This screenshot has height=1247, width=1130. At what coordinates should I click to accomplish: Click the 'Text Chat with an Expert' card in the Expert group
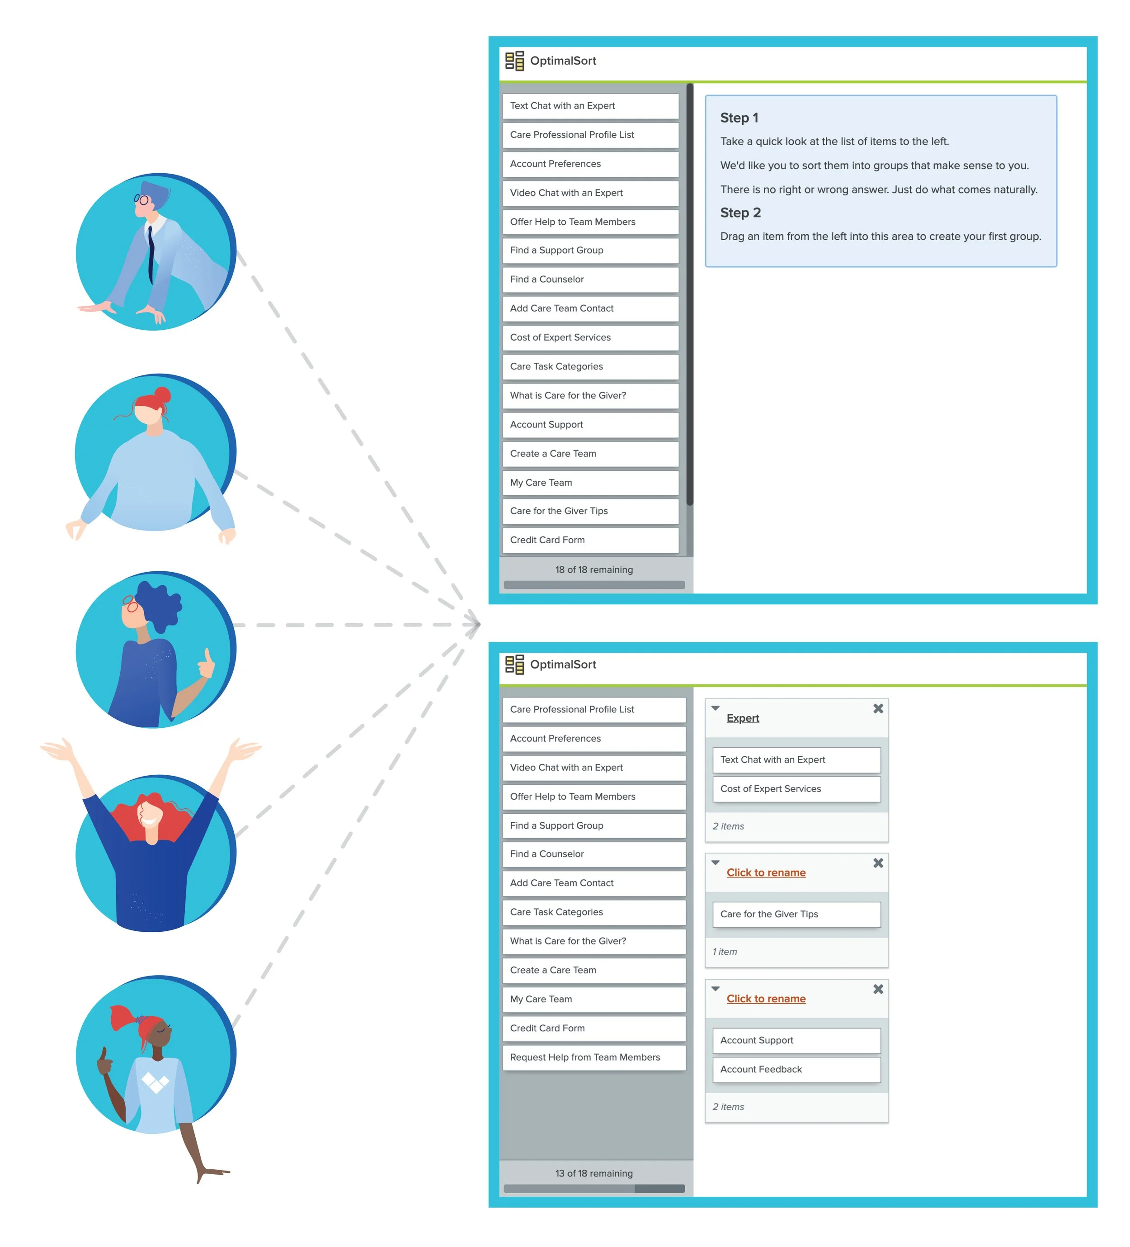[x=796, y=759]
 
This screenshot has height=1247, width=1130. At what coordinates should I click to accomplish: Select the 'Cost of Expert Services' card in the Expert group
[x=796, y=789]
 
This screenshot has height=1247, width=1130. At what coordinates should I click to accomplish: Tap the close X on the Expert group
[x=878, y=709]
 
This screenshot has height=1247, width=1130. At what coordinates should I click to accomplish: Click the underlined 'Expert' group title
[x=743, y=718]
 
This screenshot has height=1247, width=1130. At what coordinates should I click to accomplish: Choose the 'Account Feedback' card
[x=796, y=1070]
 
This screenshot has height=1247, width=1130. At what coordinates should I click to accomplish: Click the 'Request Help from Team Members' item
[x=593, y=1057]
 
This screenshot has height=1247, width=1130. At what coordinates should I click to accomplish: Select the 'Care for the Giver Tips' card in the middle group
[x=796, y=914]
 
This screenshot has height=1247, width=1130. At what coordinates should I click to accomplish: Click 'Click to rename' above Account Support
[x=766, y=999]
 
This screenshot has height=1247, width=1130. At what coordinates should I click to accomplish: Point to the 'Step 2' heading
[x=740, y=213]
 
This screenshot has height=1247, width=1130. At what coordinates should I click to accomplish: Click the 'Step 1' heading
[x=739, y=118]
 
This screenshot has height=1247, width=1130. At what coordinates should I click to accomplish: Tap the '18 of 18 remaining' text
[x=593, y=570]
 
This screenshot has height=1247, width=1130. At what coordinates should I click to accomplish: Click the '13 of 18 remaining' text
[x=593, y=1173]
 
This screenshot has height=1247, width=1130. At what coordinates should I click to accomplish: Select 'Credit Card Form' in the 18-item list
[x=590, y=540]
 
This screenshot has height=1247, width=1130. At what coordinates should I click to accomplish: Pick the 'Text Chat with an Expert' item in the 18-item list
[x=590, y=106]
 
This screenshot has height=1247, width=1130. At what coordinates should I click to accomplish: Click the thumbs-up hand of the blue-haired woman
[x=206, y=664]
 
